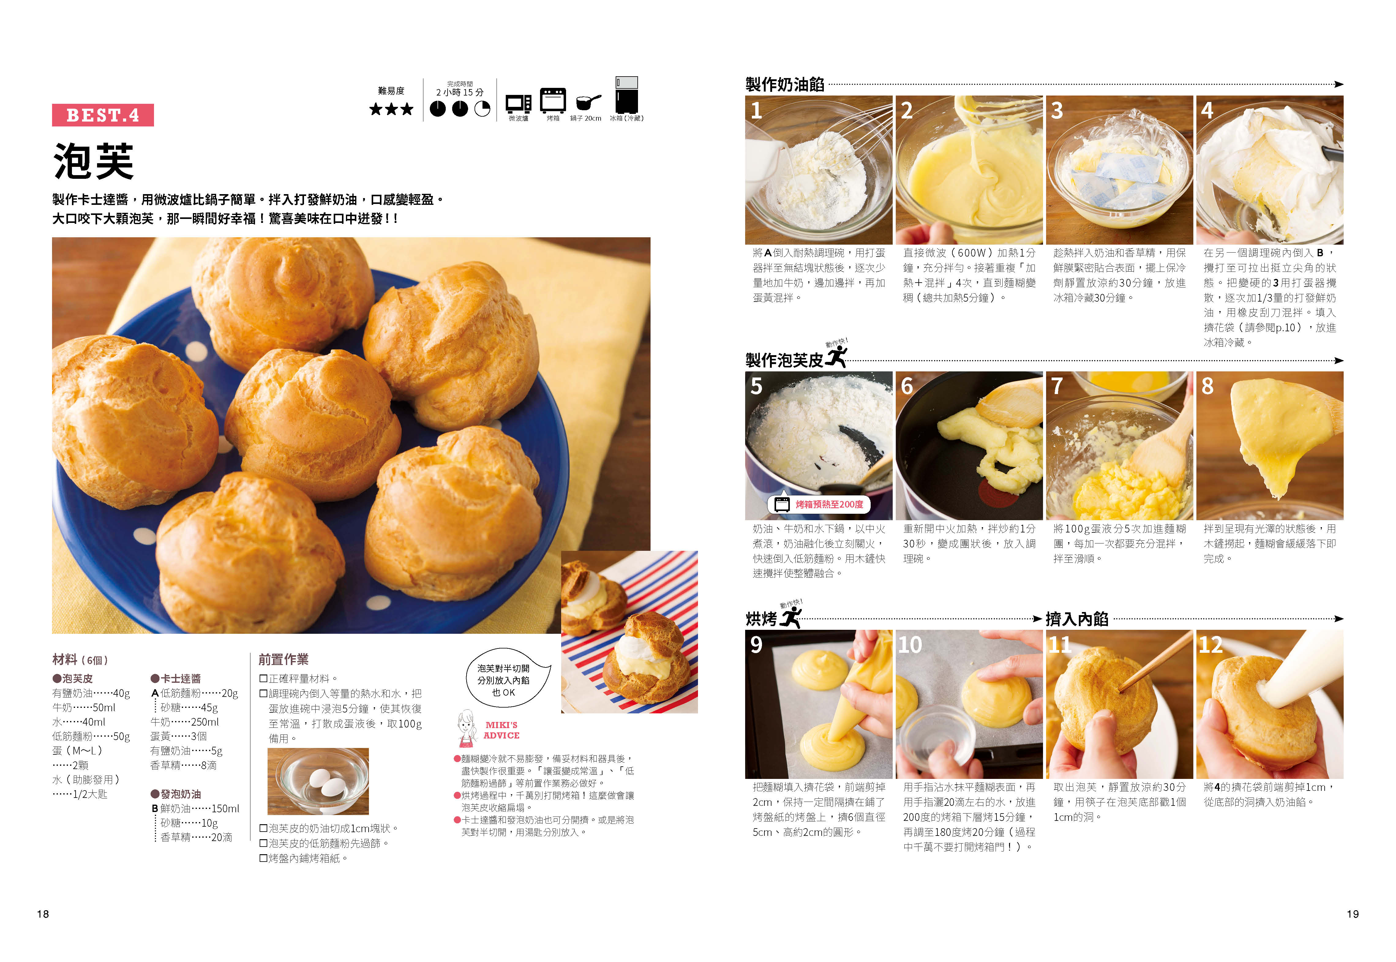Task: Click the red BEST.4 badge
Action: (103, 115)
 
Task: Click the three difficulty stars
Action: (392, 109)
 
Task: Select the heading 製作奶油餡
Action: (784, 85)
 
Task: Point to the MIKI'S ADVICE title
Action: (501, 730)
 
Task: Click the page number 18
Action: (43, 914)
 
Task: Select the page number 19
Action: (1353, 914)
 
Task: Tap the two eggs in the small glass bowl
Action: (325, 782)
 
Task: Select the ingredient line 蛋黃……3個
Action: (178, 736)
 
